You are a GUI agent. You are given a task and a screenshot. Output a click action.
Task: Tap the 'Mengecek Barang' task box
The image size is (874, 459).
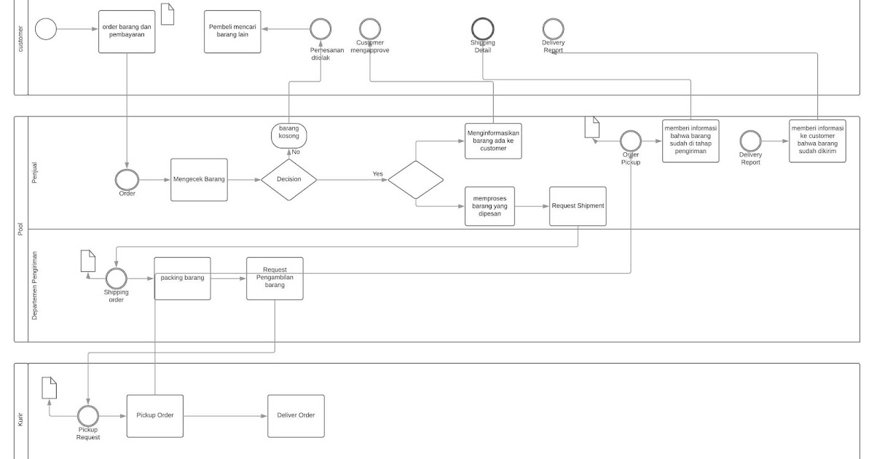(x=199, y=179)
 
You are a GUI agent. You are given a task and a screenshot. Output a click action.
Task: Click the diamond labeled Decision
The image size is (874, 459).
(x=289, y=179)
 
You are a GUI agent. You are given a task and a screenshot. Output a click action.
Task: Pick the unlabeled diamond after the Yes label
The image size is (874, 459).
(x=416, y=179)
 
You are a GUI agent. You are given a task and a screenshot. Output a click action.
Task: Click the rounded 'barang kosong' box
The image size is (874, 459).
(x=289, y=135)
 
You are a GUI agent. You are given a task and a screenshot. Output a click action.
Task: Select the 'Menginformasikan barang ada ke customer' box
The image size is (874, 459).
(x=493, y=141)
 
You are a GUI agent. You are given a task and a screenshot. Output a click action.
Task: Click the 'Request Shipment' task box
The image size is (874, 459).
(x=578, y=205)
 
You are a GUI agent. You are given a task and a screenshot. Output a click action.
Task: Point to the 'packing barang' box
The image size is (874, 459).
(x=182, y=278)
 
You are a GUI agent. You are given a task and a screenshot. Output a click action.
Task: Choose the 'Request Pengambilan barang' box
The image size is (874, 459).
(x=275, y=278)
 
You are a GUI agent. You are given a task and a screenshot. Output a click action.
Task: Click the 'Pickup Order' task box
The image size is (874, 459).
(x=154, y=415)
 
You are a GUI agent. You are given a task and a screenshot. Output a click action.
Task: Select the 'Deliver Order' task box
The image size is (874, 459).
(x=296, y=415)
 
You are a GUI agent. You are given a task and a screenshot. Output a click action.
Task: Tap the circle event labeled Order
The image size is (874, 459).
(x=127, y=179)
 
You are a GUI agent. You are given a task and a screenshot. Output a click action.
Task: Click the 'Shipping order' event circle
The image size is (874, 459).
(x=116, y=278)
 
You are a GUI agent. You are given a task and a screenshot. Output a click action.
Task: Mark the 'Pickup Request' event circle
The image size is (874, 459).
(x=88, y=415)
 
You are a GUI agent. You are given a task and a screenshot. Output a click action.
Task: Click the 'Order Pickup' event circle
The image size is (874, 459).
(x=630, y=141)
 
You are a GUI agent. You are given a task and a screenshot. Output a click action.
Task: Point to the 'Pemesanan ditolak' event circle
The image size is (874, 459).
(x=320, y=29)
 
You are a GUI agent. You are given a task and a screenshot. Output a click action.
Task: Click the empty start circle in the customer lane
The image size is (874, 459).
(x=46, y=29)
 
